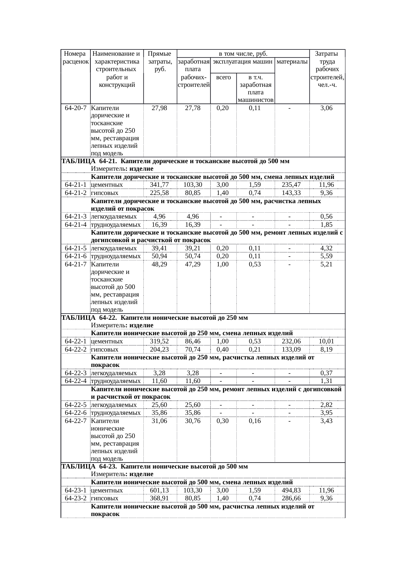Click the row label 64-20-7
[x=76, y=108]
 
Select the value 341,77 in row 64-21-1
[x=159, y=185]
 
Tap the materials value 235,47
[x=291, y=185]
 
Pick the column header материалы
[x=292, y=61]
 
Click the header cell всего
[x=223, y=78]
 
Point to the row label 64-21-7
[x=76, y=264]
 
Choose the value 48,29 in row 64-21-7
[x=159, y=264]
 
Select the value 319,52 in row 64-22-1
[x=159, y=341]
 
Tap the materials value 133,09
[x=291, y=349]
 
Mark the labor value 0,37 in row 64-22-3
[x=326, y=373]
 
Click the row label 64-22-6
[x=76, y=413]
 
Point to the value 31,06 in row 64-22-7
[x=159, y=421]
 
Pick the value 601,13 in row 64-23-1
[x=159, y=490]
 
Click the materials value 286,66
[x=291, y=498]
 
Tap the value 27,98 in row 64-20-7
[x=159, y=108]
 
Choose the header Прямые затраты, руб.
[x=160, y=61]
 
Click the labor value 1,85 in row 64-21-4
[x=326, y=225]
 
